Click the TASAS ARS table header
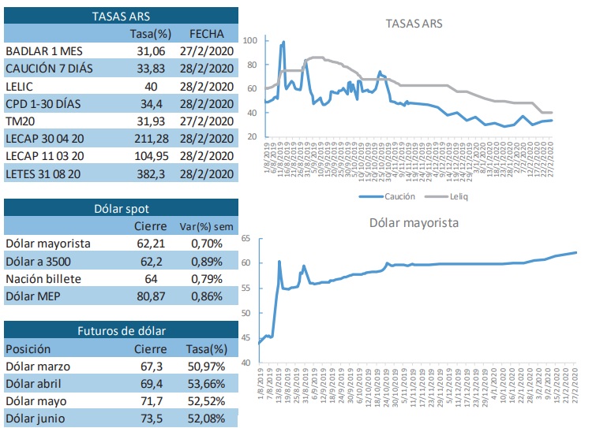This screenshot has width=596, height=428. pyautogui.click(x=122, y=16)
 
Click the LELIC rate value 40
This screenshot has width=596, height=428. pyautogui.click(x=152, y=86)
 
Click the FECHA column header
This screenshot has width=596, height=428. pyautogui.click(x=207, y=34)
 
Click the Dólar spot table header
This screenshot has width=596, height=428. pyautogui.click(x=122, y=209)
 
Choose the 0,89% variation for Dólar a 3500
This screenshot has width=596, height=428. pyautogui.click(x=207, y=261)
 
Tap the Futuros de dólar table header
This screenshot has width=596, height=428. pyautogui.click(x=122, y=330)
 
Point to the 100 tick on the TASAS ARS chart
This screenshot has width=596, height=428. pyautogui.click(x=251, y=40)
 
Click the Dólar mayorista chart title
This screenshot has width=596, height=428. pyautogui.click(x=414, y=222)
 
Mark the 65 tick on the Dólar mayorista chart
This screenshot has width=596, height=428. pyautogui.click(x=246, y=238)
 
